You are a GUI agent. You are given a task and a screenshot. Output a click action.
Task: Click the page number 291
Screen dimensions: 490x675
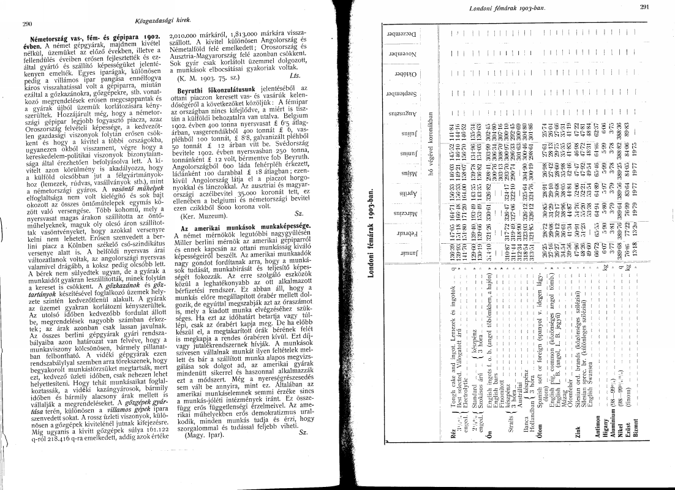point(643,7)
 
